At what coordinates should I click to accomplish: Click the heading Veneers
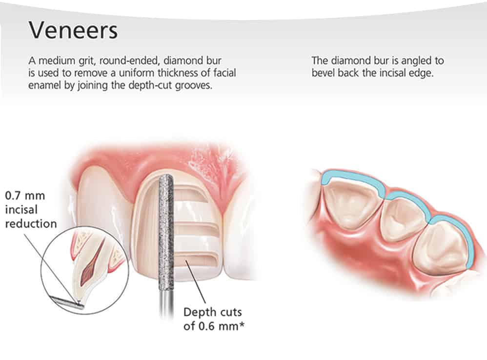point(73,30)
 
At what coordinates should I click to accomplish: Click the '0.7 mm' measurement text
point(25,196)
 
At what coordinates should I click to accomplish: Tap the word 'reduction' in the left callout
point(31,224)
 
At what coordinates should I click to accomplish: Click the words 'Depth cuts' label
point(213,312)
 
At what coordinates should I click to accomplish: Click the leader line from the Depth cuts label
point(196,282)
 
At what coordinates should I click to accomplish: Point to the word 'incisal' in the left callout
point(21,210)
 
